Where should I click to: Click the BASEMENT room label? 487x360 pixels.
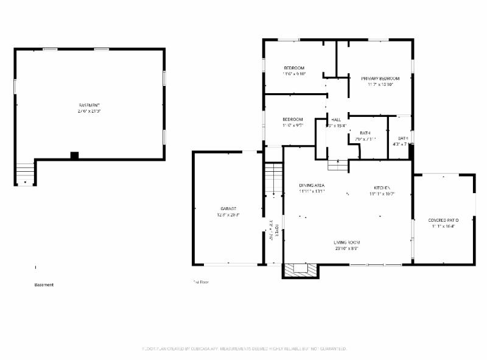pyautogui.click(x=88, y=105)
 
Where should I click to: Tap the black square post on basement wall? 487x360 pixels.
pyautogui.click(x=74, y=155)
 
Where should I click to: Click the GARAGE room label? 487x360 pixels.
pyautogui.click(x=227, y=208)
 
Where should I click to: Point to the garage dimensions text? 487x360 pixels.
pyautogui.click(x=228, y=215)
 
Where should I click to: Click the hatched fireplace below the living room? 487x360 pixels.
pyautogui.click(x=300, y=270)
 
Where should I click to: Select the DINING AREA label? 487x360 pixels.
pyautogui.click(x=312, y=185)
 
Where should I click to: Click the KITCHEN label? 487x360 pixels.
pyautogui.click(x=382, y=187)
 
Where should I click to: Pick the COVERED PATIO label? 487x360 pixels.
pyautogui.click(x=443, y=220)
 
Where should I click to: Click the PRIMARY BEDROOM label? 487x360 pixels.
pyautogui.click(x=380, y=79)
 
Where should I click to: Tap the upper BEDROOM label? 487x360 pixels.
pyautogui.click(x=294, y=67)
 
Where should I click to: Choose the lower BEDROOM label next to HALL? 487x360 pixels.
pyautogui.click(x=292, y=119)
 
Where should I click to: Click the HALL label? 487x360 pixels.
pyautogui.click(x=335, y=119)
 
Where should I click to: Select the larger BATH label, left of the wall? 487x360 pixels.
pyautogui.click(x=365, y=133)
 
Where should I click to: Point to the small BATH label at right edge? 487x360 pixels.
pyautogui.click(x=403, y=138)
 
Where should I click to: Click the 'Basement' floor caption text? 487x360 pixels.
pyautogui.click(x=44, y=284)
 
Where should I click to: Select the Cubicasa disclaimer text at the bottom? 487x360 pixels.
pyautogui.click(x=243, y=348)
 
